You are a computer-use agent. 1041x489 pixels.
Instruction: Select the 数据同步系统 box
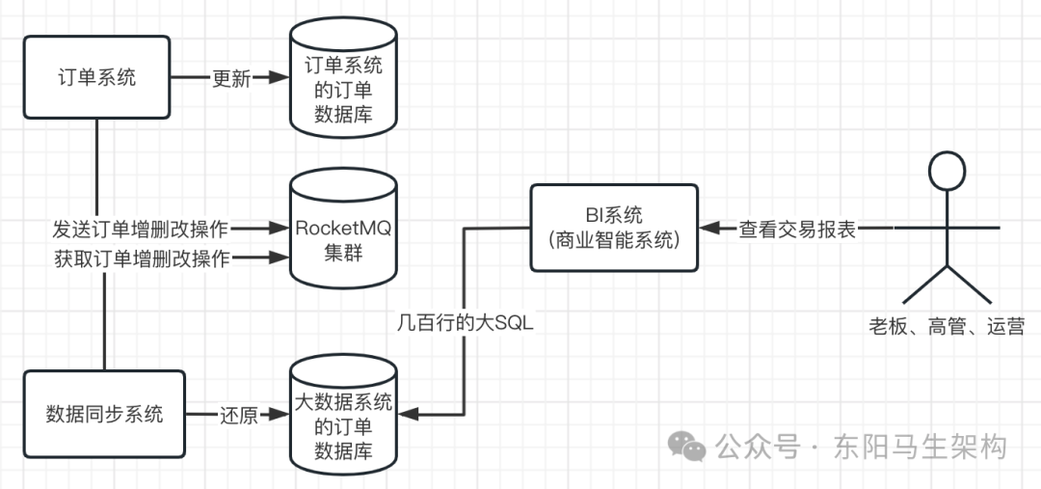tap(96, 414)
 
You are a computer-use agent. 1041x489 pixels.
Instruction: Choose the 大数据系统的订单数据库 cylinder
tap(342, 415)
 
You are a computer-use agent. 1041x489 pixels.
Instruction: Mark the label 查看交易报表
tap(797, 230)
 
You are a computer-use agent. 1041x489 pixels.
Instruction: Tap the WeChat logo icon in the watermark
tap(688, 446)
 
